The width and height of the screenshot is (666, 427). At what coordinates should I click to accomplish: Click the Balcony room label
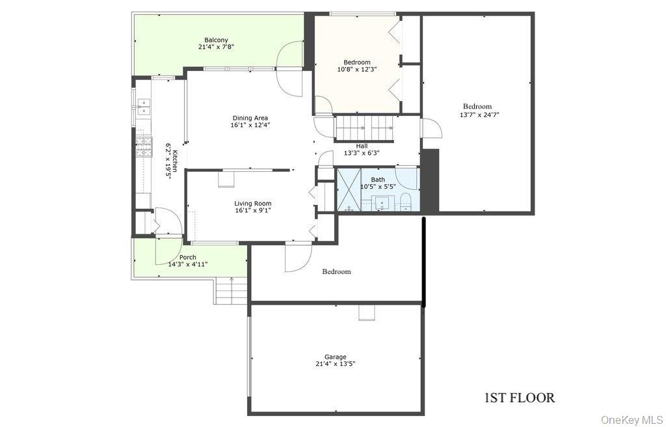pos(216,40)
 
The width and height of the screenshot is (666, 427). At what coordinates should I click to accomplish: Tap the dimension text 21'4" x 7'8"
pos(216,47)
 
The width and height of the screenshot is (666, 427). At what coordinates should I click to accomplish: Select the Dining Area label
pos(250,118)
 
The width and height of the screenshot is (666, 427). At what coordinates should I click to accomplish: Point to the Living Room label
pos(253,203)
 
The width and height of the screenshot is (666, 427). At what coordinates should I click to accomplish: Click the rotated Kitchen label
pos(175,159)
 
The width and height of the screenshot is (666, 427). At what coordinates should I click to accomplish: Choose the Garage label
pos(336,357)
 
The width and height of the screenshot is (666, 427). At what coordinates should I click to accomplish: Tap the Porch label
pos(188,257)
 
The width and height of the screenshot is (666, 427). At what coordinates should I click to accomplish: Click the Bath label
pos(378,180)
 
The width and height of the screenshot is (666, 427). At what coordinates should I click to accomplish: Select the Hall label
pos(362,146)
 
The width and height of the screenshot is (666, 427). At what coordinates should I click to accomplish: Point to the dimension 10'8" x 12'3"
pos(357,69)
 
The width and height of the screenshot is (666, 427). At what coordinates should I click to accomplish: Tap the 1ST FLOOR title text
pos(520,398)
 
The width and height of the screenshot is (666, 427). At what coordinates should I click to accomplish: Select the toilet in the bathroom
pos(406,202)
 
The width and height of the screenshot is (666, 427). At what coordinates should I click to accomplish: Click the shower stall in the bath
pos(349,189)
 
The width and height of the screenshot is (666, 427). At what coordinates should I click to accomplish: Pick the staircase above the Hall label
pos(365,128)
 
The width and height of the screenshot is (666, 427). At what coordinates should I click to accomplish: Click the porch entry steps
pos(231,290)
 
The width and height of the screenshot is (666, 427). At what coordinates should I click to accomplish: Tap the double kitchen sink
pos(144,107)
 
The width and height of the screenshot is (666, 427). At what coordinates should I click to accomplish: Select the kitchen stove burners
pos(144,146)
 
